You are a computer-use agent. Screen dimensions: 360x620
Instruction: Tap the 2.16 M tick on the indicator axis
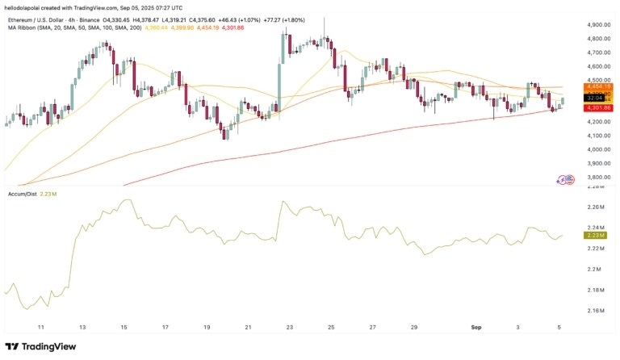click(597, 311)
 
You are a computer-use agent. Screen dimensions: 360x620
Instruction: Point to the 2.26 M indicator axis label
click(597, 207)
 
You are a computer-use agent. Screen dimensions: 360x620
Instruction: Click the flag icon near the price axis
click(568, 180)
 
